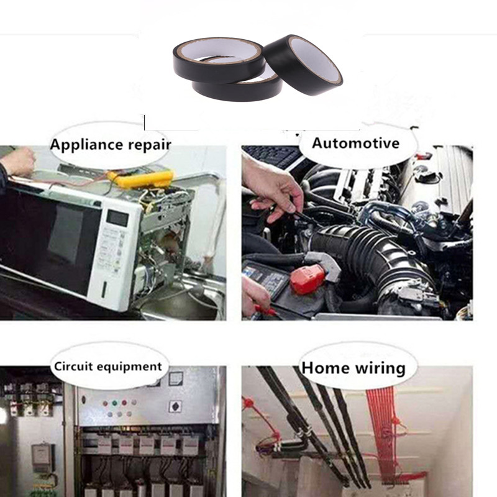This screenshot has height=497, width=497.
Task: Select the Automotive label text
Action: click(x=355, y=143)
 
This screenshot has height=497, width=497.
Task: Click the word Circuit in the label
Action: click(x=73, y=366)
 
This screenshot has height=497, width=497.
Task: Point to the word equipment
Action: click(x=130, y=367)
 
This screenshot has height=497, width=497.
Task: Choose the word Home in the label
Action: click(x=326, y=368)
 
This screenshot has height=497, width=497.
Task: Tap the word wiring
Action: click(x=380, y=369)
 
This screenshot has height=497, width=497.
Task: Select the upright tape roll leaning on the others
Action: click(x=303, y=65)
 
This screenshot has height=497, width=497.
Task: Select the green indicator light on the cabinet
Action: click(x=114, y=403)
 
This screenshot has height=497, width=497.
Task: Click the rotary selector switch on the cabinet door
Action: click(x=175, y=406)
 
